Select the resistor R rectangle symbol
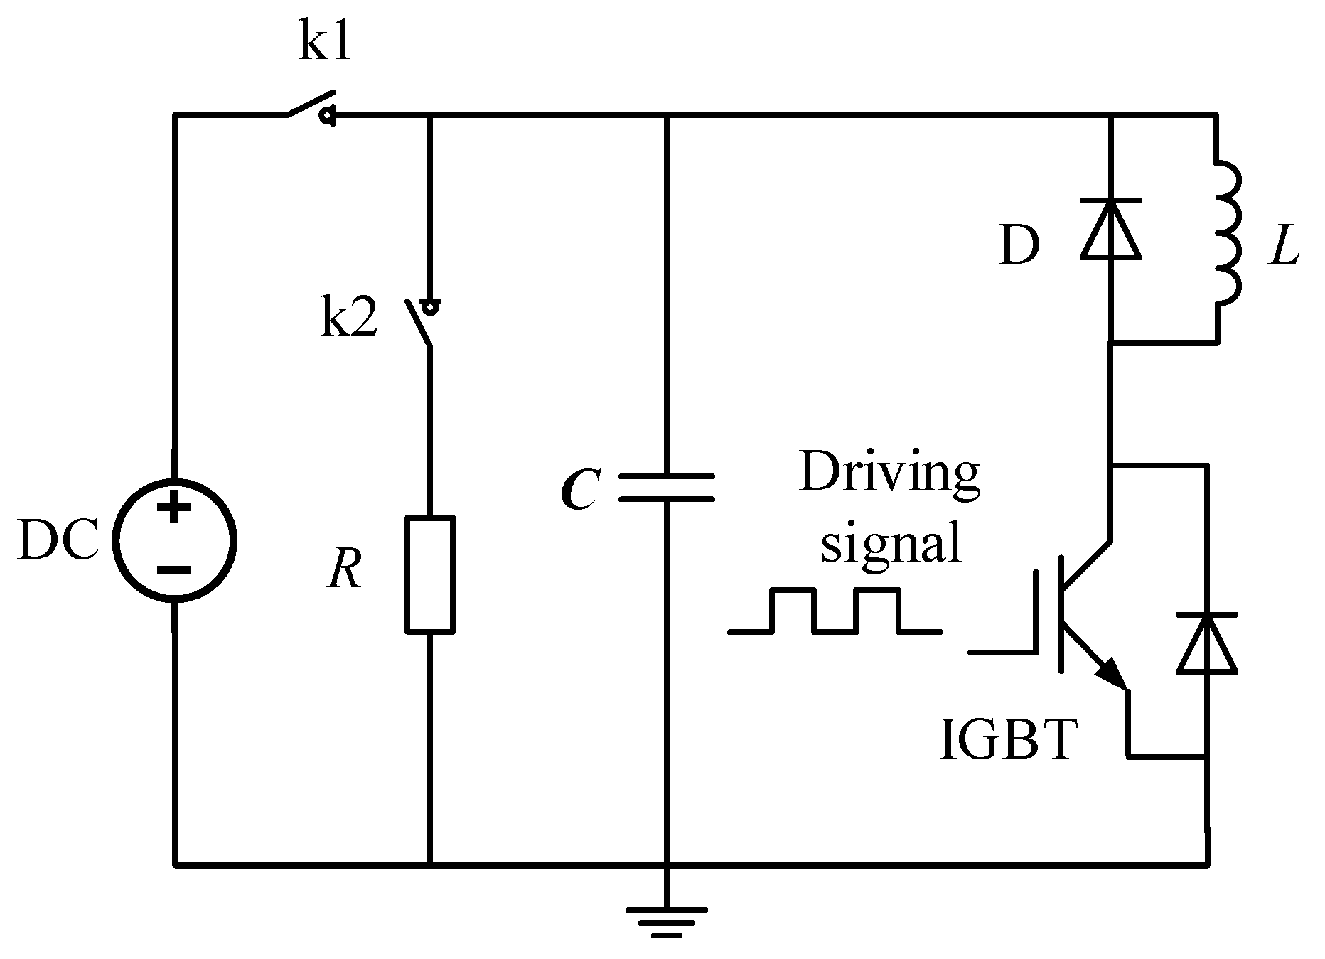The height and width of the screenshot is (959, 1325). pyautogui.click(x=430, y=574)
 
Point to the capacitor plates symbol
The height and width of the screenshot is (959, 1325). pyautogui.click(x=666, y=488)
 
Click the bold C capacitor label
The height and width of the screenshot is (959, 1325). pyautogui.click(x=579, y=489)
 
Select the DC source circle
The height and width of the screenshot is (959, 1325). pyautogui.click(x=175, y=541)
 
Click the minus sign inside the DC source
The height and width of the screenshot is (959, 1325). pyautogui.click(x=174, y=570)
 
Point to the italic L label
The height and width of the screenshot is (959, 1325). pyautogui.click(x=1284, y=247)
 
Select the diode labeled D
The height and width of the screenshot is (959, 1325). pyautogui.click(x=1110, y=229)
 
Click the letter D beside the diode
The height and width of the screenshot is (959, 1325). pyautogui.click(x=1019, y=246)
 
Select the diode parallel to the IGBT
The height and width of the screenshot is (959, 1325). pyautogui.click(x=1206, y=643)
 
